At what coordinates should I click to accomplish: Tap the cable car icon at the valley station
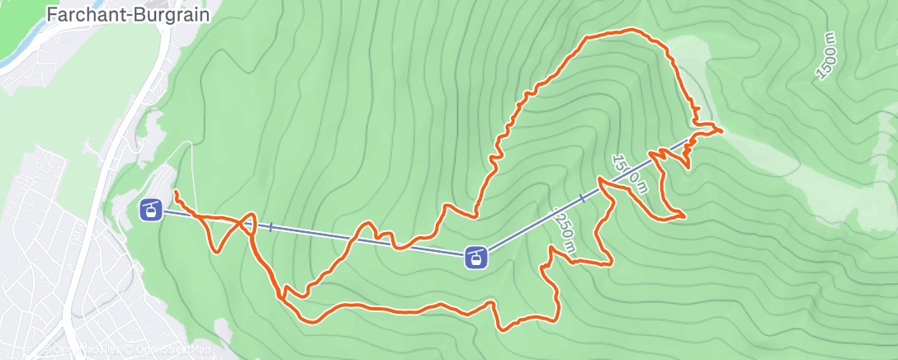click(x=150, y=210)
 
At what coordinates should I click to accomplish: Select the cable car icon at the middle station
click(x=475, y=257)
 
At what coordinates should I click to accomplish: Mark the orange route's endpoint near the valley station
click(x=176, y=192)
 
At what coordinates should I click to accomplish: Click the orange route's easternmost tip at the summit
click(x=722, y=130)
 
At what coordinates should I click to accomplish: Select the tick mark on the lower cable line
click(x=271, y=226)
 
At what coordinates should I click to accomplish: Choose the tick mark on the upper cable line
click(x=584, y=198)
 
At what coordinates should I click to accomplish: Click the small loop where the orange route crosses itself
click(x=247, y=224)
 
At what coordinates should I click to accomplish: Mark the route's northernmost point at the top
click(x=631, y=30)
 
